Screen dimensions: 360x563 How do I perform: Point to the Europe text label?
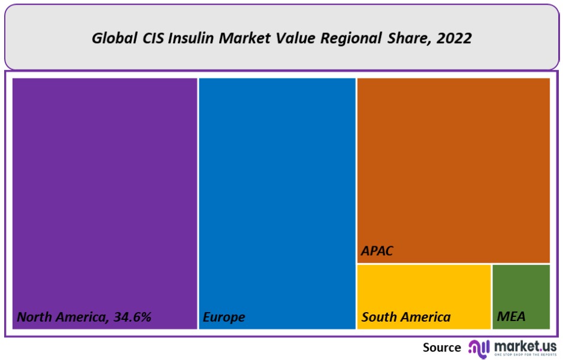click(x=224, y=317)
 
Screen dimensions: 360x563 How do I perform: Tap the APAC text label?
click(x=377, y=250)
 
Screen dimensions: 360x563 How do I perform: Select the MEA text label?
click(x=511, y=317)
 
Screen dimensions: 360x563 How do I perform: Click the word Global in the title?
click(x=112, y=38)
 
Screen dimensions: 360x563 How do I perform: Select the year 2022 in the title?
click(x=455, y=38)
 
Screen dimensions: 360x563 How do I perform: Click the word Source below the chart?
click(x=442, y=347)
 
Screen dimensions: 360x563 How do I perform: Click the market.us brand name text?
click(x=524, y=346)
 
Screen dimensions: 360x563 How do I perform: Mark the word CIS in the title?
click(x=153, y=38)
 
